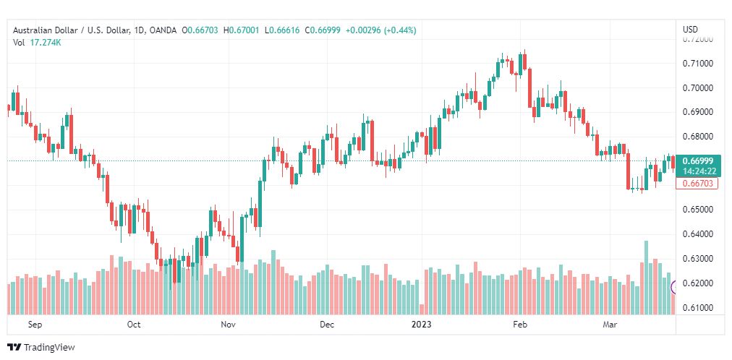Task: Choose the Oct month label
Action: click(x=134, y=325)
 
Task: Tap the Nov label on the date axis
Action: click(x=229, y=325)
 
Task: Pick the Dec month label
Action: click(x=327, y=325)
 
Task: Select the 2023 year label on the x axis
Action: click(x=421, y=325)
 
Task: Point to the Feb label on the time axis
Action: click(x=520, y=325)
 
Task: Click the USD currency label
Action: click(x=690, y=29)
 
